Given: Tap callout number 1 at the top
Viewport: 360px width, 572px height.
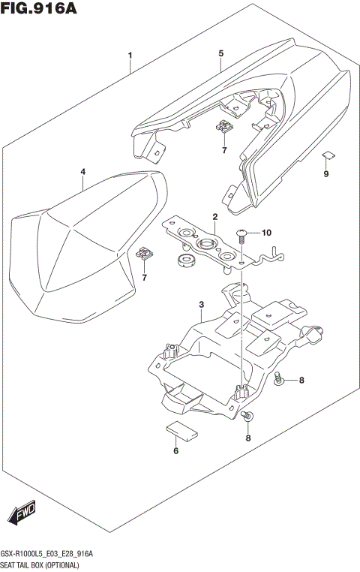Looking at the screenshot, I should click(x=130, y=56).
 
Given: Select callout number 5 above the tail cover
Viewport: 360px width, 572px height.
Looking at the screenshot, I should click(x=221, y=53).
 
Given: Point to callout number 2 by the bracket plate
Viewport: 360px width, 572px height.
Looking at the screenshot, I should click(x=214, y=217).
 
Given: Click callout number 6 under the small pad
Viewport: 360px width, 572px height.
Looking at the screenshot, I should click(x=175, y=451).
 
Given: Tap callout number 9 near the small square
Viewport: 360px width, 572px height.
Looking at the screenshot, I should click(x=325, y=174).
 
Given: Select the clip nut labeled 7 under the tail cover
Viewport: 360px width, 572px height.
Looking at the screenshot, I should click(x=223, y=128).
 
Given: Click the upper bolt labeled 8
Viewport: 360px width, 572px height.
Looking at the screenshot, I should click(x=278, y=378).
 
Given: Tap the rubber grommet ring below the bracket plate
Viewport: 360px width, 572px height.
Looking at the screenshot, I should click(x=184, y=261).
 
